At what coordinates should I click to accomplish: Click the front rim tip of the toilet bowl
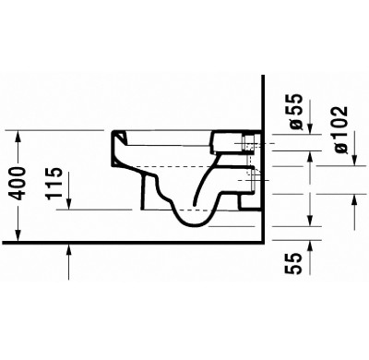pyautogui.click(x=116, y=136)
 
